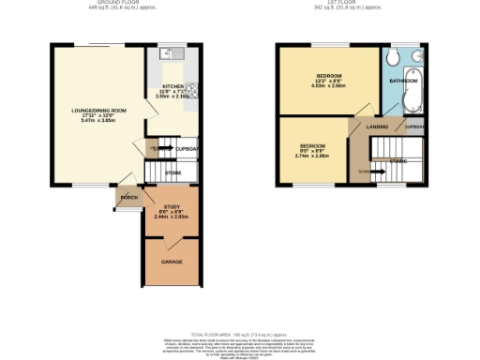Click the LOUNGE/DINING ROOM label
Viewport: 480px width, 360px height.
pyautogui.click(x=98, y=111)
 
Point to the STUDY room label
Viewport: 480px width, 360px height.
pyautogui.click(x=171, y=207)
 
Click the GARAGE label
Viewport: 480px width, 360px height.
pyautogui.click(x=171, y=262)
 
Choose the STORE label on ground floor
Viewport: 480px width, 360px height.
pyautogui.click(x=172, y=173)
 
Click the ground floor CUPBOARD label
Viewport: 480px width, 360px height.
pyautogui.click(x=187, y=148)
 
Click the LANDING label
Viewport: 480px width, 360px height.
pyautogui.click(x=378, y=126)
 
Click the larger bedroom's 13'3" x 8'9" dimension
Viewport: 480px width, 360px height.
pyautogui.click(x=328, y=81)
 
